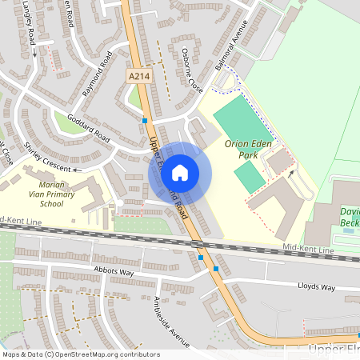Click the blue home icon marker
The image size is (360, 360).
(180, 172)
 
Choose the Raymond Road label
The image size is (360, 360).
(94, 79)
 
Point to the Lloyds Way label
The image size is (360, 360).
(316, 286)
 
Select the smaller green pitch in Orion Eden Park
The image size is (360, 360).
(250, 176)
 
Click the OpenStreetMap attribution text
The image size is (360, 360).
(80, 354)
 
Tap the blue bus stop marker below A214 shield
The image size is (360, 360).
(144, 120)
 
